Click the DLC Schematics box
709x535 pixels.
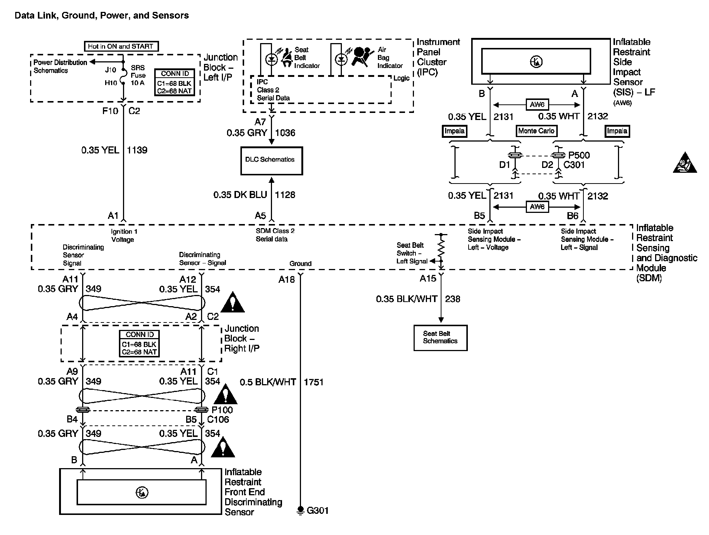click(x=271, y=160)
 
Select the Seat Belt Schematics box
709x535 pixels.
click(x=440, y=337)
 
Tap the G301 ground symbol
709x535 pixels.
click(x=300, y=511)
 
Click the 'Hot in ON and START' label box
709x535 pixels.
click(x=121, y=46)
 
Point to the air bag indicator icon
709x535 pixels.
click(x=361, y=57)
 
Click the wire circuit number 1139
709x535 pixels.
click(x=137, y=150)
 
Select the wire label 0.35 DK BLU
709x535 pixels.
click(x=240, y=195)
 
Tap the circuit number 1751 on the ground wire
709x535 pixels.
click(x=314, y=382)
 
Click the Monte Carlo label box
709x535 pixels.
click(x=536, y=131)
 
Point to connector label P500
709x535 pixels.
click(x=579, y=155)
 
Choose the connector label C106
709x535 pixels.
click(x=218, y=419)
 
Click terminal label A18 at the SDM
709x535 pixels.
click(x=286, y=279)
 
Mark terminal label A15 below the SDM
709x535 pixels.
click(x=428, y=279)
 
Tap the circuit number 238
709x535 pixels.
click(x=453, y=299)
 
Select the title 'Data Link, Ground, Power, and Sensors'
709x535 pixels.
click(x=101, y=16)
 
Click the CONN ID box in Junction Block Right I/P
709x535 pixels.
click(x=139, y=343)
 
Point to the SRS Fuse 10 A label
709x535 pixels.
click(x=138, y=75)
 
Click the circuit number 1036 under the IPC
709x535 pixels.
click(x=285, y=133)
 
